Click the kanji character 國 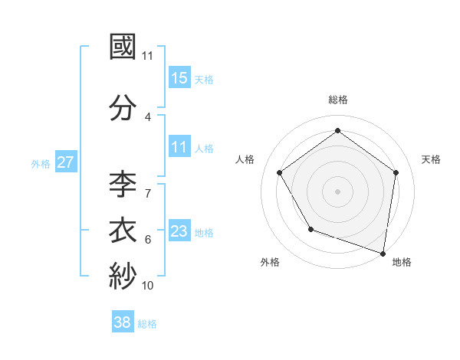tap(123, 47)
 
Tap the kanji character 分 tap(123, 108)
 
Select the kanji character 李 tap(123, 185)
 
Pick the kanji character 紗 tap(123, 277)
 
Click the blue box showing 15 tap(179, 78)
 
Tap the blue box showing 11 tap(179, 147)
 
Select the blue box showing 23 tap(179, 231)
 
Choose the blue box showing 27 tap(65, 162)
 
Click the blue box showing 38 tap(123, 322)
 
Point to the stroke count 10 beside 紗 tap(148, 286)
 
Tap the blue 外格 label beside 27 tap(41, 163)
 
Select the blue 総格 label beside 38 tap(147, 324)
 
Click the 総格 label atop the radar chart tap(338, 100)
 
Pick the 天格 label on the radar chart tap(431, 159)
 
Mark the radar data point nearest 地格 tap(383, 253)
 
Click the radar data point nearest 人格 tap(280, 172)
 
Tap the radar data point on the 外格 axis tap(310, 229)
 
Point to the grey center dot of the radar tap(338, 191)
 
